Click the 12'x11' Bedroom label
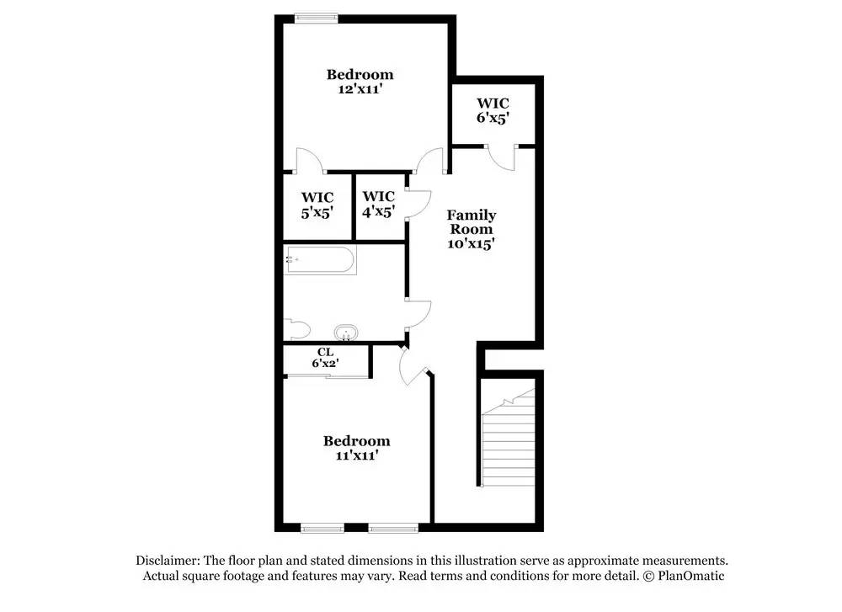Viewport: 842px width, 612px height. click(x=360, y=81)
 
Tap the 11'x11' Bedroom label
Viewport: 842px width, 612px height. click(x=357, y=448)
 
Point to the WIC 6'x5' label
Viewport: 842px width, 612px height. click(x=493, y=111)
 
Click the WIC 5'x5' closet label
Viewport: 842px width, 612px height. click(x=317, y=205)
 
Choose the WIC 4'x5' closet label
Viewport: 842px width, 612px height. click(x=379, y=205)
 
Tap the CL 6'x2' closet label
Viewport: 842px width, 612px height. click(x=325, y=358)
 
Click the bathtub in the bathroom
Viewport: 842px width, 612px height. click(x=319, y=260)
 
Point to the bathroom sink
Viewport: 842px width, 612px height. click(x=346, y=332)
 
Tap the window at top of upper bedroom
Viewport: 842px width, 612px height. click(x=316, y=16)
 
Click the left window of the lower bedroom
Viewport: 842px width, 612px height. click(x=322, y=529)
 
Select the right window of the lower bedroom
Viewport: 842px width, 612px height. click(x=393, y=529)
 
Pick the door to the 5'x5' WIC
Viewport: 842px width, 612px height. click(x=309, y=162)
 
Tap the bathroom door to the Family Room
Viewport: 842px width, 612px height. click(x=418, y=313)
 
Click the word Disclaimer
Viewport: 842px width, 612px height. click(x=168, y=561)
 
